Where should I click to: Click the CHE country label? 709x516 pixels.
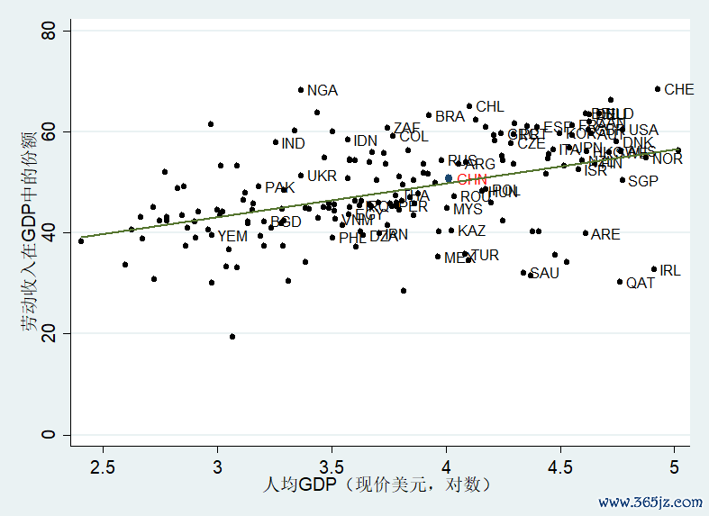(679, 90)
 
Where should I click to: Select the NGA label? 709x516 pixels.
(323, 91)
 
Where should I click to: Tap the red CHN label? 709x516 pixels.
(472, 179)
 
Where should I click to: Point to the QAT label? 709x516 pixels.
(641, 283)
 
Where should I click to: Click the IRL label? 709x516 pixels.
(670, 270)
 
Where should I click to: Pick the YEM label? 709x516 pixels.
(232, 237)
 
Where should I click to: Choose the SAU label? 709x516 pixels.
(544, 274)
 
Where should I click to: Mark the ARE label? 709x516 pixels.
(605, 235)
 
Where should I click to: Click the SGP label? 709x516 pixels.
(643, 182)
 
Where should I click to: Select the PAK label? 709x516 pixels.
(280, 188)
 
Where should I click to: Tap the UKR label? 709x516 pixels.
(322, 177)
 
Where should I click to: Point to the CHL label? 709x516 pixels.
(490, 107)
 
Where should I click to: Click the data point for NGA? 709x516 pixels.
(301, 90)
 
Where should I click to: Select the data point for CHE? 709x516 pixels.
(658, 89)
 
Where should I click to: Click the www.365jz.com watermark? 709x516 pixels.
(650, 502)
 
